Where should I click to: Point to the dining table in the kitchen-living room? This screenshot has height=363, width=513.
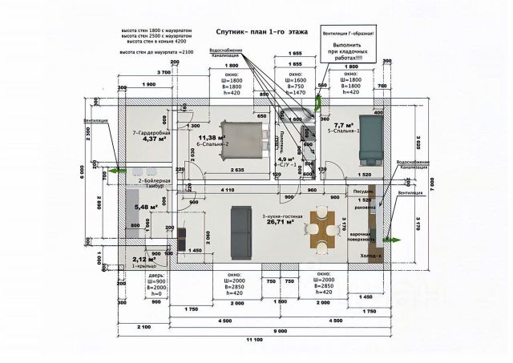coord(322,230)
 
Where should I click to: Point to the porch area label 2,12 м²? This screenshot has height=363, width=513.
coord(145,259)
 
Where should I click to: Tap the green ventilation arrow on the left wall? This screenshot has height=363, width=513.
coord(115,170)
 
